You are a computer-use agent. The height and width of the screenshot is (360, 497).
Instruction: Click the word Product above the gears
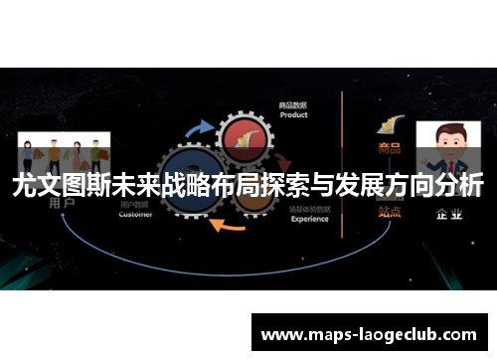[294, 114]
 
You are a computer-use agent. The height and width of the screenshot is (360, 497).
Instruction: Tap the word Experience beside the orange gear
[309, 219]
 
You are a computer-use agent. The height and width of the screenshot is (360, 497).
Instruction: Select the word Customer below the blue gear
[135, 214]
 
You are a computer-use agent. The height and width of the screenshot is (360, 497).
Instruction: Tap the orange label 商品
[389, 148]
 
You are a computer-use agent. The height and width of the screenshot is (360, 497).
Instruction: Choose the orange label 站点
[389, 211]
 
